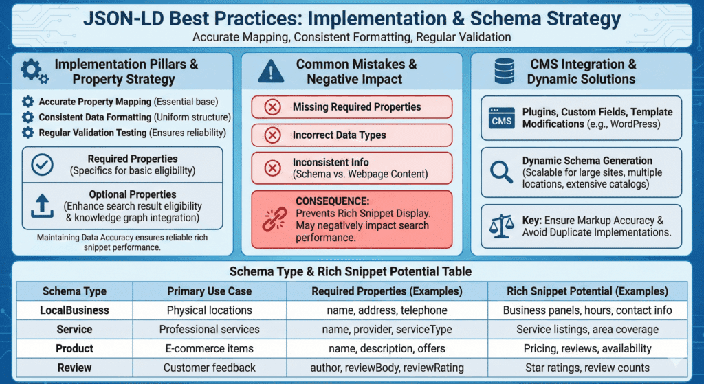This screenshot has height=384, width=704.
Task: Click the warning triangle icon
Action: (271, 71)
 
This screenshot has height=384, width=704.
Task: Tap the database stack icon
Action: (504, 71)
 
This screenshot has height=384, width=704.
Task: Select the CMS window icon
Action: (501, 118)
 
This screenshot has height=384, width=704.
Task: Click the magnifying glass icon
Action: (501, 172)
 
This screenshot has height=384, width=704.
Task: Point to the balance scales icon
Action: (501, 226)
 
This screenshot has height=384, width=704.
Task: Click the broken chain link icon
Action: (274, 219)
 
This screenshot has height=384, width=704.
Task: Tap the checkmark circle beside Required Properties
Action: (42, 165)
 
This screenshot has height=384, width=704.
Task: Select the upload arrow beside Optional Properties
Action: (42, 206)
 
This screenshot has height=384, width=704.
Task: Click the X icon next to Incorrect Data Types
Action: (272, 135)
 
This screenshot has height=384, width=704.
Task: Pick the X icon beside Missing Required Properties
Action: (272, 107)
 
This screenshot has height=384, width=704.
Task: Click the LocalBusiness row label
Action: (74, 310)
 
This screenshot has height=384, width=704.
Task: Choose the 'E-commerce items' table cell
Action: (209, 348)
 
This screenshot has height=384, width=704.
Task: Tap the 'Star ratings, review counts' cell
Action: (587, 368)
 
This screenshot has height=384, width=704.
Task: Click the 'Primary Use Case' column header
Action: (209, 291)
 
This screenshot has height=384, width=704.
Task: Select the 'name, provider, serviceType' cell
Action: (387, 330)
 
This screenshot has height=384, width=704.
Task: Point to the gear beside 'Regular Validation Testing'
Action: (27, 133)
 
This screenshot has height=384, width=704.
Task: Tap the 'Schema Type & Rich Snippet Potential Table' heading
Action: (351, 271)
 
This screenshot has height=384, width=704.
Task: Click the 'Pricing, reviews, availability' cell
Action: (587, 348)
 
